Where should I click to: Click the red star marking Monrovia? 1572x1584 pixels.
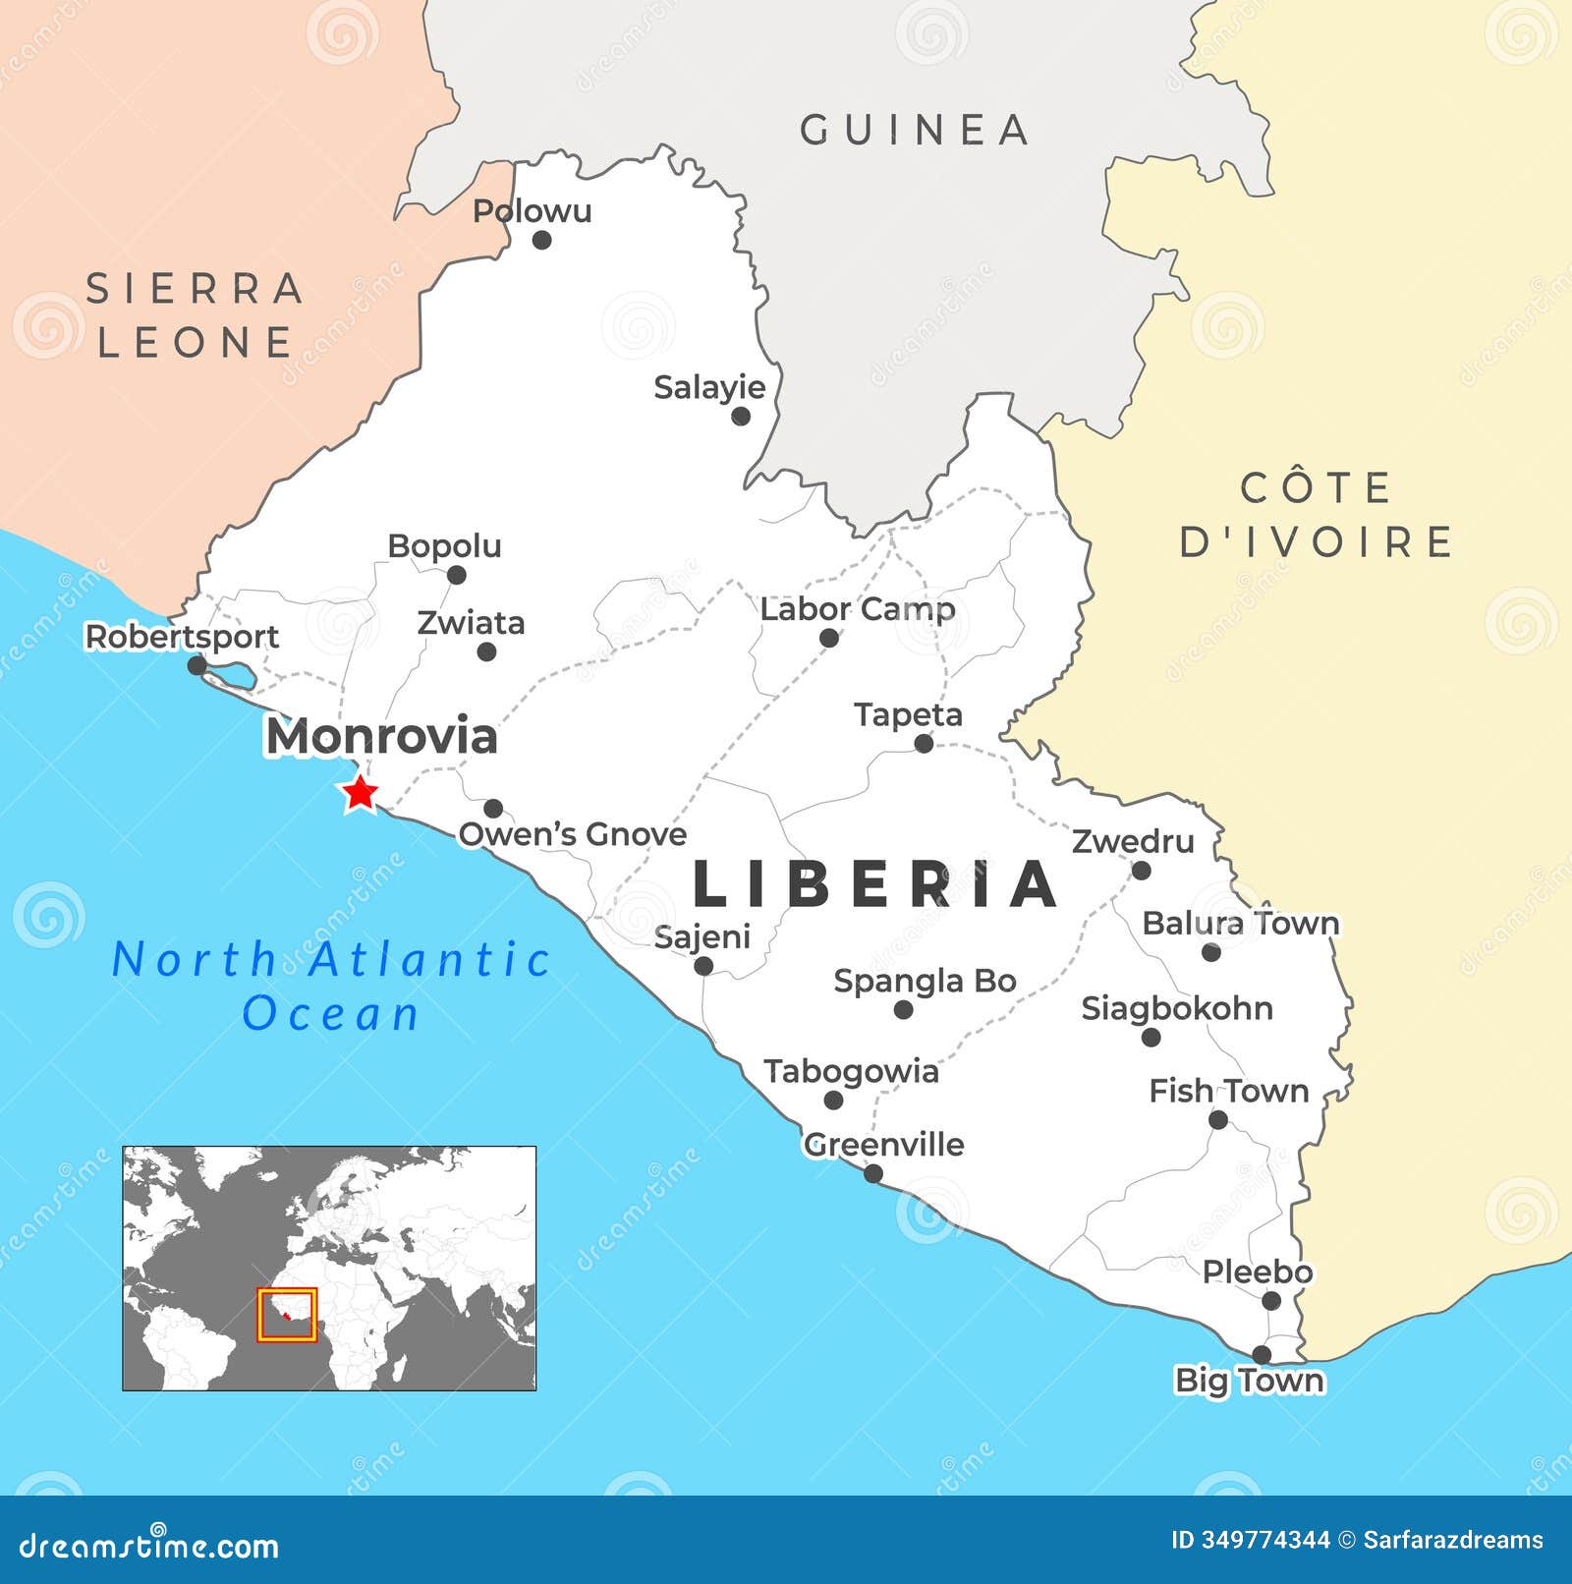tap(360, 793)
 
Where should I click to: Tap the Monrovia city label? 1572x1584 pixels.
tap(381, 737)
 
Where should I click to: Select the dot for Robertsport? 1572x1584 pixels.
tap(196, 665)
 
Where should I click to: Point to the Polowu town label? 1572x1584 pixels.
tap(532, 210)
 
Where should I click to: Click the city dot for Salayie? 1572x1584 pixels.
tap(741, 416)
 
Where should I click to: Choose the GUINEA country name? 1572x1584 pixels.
tap(915, 130)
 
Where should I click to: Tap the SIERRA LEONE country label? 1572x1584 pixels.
tap(195, 315)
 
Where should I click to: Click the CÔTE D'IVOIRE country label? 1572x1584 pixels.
tap(1316, 515)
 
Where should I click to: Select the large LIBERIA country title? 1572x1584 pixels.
tap(875, 884)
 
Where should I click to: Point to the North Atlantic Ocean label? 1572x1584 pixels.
tap(332, 986)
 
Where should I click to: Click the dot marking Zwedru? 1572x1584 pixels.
tap(1141, 870)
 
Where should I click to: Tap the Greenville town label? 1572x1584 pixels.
tap(883, 1144)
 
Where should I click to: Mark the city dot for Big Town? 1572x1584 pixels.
tap(1262, 1354)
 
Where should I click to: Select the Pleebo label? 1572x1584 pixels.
tap(1257, 1272)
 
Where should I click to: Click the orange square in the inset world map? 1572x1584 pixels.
tap(287, 1315)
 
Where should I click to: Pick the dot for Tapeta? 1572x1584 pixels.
tap(924, 744)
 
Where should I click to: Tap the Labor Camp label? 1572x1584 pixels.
tap(857, 609)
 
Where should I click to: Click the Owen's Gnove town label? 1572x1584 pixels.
tap(573, 834)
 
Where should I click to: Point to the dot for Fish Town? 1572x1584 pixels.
tap(1218, 1119)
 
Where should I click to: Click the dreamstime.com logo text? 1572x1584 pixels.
tap(149, 1546)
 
